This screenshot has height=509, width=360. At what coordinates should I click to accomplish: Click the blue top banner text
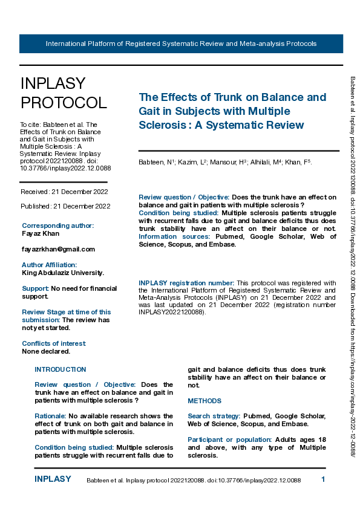[x=181, y=44]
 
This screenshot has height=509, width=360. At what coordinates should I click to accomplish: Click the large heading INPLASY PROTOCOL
[x=64, y=93]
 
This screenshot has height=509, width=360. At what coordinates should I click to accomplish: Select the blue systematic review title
[x=232, y=111]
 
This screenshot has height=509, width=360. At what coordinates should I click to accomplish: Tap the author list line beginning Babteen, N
[x=225, y=162]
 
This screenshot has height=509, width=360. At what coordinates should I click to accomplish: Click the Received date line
[x=65, y=192]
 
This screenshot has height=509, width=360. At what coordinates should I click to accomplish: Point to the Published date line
[x=65, y=206]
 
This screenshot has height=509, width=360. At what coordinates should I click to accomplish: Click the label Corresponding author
[x=57, y=225]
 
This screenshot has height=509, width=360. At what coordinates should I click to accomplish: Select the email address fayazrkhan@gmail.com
[x=58, y=249]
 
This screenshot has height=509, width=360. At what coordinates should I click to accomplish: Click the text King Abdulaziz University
[x=63, y=273]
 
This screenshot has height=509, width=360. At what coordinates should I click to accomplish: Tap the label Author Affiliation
[x=50, y=265]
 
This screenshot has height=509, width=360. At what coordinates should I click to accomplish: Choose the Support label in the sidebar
[x=35, y=288]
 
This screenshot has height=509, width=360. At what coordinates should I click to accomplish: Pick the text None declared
[x=46, y=351]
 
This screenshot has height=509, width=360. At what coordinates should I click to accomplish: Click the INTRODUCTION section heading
[x=61, y=369]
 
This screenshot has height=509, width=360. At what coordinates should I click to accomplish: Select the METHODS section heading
[x=205, y=401]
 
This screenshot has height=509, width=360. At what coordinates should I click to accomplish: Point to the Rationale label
[x=50, y=416]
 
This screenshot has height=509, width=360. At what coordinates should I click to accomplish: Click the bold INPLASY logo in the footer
[x=53, y=479]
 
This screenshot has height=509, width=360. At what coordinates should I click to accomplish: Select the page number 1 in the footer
[x=324, y=479]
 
